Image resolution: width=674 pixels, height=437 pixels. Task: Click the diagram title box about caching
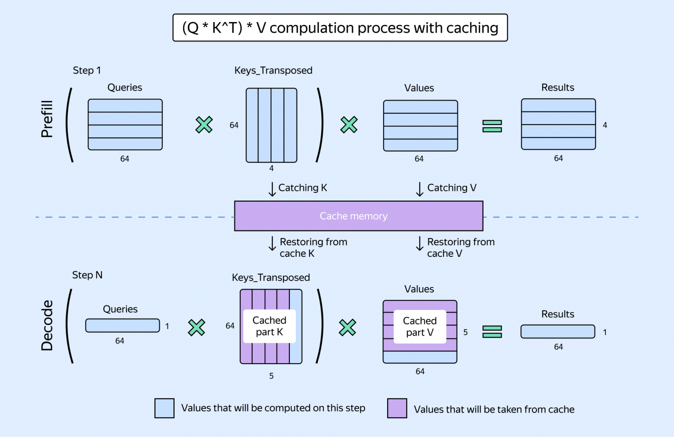[x=340, y=28]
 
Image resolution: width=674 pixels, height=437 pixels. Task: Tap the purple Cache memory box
[x=359, y=216]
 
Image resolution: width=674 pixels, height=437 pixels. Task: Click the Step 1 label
[x=86, y=70]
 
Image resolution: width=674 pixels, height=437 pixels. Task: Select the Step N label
[x=87, y=275]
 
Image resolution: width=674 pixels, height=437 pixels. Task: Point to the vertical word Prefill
[x=47, y=119]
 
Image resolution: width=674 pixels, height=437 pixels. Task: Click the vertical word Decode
[x=47, y=325]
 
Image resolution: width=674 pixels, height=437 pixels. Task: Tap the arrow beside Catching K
[x=272, y=189]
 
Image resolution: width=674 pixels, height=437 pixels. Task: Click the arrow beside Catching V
[x=420, y=189]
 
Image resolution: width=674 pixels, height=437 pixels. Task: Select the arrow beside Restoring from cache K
[x=272, y=243]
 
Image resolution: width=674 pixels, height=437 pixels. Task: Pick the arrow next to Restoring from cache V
[x=420, y=243]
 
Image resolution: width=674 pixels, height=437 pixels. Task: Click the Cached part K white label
[x=269, y=326]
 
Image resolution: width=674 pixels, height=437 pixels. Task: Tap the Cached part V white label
[x=420, y=326]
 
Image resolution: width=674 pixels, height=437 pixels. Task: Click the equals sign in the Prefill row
[x=492, y=126]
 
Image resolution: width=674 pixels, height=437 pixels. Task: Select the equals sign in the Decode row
[x=492, y=332]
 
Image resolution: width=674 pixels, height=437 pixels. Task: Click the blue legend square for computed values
[x=165, y=408]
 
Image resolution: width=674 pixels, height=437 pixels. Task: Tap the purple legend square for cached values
[x=397, y=408]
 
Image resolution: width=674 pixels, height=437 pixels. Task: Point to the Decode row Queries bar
[x=123, y=325]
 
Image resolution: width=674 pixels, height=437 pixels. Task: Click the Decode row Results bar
[x=558, y=332]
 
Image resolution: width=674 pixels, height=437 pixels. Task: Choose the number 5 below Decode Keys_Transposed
[x=271, y=376]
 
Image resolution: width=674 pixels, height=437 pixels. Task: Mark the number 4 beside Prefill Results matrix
[x=605, y=125]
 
